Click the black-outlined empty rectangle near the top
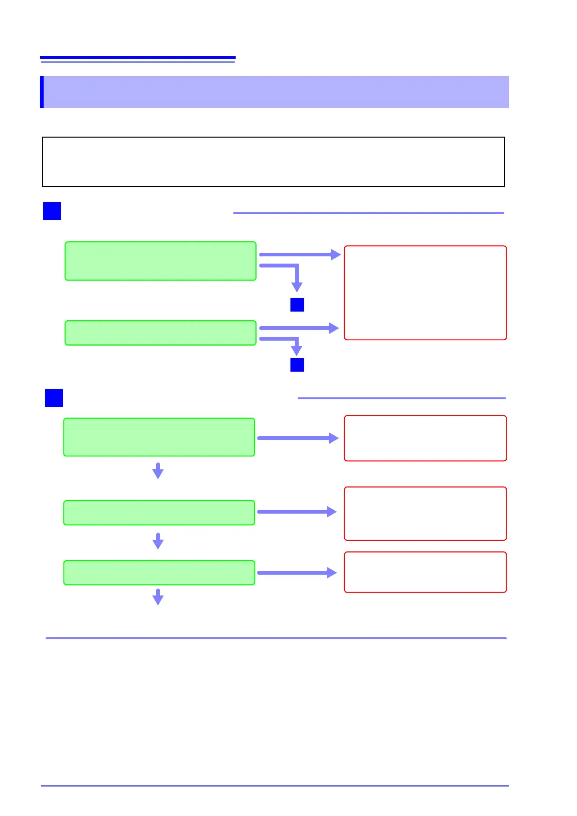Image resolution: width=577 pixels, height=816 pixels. click(273, 162)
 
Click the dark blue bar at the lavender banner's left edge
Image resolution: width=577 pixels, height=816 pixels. click(42, 92)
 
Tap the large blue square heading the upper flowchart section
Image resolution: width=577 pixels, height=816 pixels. click(52, 211)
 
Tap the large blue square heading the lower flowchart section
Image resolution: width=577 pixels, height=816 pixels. click(54, 398)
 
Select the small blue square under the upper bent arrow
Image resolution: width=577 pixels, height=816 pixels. click(297, 305)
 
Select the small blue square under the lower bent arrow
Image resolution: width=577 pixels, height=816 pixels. click(297, 365)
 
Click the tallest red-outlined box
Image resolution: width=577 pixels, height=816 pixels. click(425, 293)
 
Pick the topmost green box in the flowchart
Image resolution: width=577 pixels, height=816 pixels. click(160, 261)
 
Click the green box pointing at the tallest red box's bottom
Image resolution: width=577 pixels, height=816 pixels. click(160, 333)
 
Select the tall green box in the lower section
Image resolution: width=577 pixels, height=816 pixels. click(159, 437)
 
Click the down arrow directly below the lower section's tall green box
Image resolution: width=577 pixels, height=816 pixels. click(158, 471)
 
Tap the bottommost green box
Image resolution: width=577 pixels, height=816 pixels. click(159, 573)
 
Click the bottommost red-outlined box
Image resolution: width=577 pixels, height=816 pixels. click(425, 572)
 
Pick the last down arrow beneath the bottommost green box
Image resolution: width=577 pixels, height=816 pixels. click(158, 597)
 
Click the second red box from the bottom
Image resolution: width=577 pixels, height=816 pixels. click(425, 514)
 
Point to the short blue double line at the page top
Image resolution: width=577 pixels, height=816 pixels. click(138, 59)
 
